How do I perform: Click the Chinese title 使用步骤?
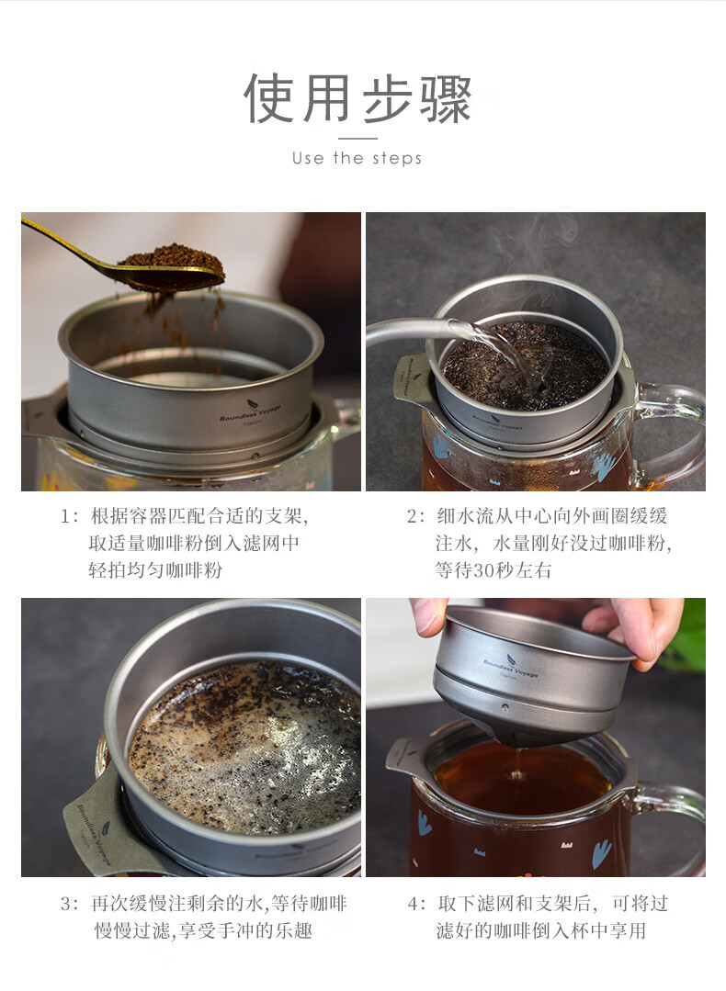357,98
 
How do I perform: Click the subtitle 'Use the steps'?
357,158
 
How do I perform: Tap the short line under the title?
357,139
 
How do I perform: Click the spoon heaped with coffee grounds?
127,259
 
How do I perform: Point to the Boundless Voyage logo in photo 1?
251,414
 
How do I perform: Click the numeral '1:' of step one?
70,517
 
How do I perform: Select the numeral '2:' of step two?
415,517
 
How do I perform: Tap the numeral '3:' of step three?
70,904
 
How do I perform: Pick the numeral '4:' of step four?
416,904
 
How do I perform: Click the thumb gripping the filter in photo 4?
429,615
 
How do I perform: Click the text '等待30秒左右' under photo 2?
493,570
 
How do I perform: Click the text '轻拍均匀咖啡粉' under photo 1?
155,570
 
